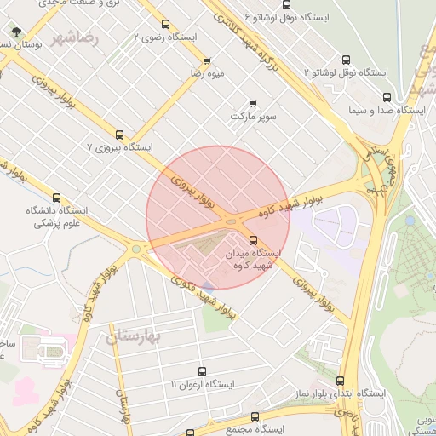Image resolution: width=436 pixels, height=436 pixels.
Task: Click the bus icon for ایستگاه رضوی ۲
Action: [165, 24]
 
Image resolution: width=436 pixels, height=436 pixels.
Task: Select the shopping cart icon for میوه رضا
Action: [207, 61]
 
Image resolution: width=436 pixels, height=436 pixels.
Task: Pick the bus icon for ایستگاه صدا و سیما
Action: [387, 97]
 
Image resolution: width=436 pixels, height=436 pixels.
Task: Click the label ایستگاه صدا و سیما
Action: [387, 110]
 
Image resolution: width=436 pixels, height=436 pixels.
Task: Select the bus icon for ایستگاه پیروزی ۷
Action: [119, 134]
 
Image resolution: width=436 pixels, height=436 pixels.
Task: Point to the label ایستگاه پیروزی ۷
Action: [119, 147]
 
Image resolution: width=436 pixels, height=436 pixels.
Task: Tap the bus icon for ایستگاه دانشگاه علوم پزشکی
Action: [57, 197]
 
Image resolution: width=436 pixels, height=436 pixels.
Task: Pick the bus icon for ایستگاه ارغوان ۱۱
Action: [202, 371]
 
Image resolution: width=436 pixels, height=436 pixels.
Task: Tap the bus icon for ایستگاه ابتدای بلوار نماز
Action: [341, 381]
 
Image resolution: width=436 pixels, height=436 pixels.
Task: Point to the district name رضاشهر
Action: [74, 38]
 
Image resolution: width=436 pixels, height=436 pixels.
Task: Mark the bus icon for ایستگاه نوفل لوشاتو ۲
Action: [346, 60]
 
